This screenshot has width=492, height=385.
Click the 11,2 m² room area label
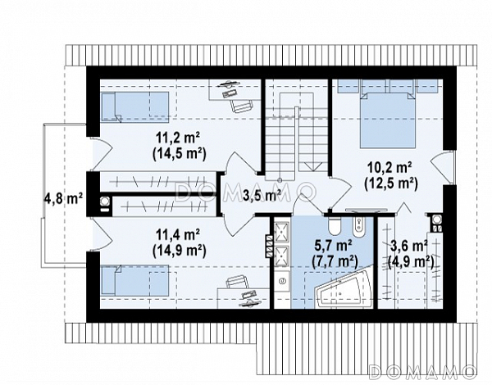[178, 138]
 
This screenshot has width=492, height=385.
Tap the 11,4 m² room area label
[178, 234]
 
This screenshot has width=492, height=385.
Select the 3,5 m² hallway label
[262, 196]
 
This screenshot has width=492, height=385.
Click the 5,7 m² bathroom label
[333, 246]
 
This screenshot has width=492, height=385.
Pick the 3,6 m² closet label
[408, 246]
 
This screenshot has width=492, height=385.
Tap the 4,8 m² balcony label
[63, 199]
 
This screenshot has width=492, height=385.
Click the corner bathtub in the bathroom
[344, 288]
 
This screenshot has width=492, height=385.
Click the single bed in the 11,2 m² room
[134, 107]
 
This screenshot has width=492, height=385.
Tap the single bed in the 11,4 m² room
[134, 280]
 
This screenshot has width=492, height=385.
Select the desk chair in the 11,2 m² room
[241, 104]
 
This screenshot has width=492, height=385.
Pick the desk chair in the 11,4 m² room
[237, 282]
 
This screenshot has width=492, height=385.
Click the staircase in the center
[295, 137]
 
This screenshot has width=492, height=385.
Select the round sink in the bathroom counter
[283, 280]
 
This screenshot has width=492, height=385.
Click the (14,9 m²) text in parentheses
[179, 251]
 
